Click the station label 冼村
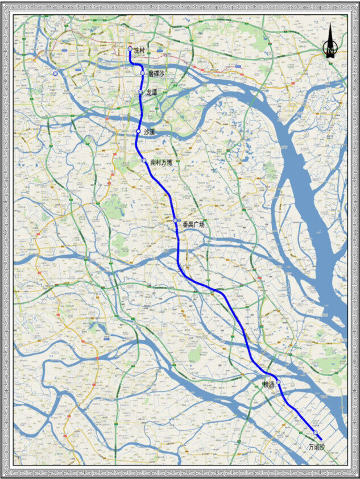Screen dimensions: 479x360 click(x=139, y=51)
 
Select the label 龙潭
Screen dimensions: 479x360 click(x=151, y=91)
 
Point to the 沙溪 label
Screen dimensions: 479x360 click(x=148, y=132)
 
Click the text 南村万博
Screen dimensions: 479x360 click(x=161, y=162)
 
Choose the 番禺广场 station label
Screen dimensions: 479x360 click(x=193, y=224)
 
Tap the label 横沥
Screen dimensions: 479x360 click(x=269, y=385)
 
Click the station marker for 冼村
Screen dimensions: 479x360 click(x=130, y=49)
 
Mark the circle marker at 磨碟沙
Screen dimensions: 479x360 click(x=142, y=73)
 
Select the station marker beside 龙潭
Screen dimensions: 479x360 click(x=140, y=92)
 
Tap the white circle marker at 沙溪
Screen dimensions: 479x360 click(x=138, y=132)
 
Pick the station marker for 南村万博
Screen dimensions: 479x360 click(x=144, y=161)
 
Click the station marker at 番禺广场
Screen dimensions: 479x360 click(x=176, y=220)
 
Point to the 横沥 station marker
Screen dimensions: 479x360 click(x=279, y=382)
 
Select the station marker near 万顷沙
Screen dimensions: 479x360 click(x=315, y=433)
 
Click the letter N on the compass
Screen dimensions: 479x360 click(x=329, y=51)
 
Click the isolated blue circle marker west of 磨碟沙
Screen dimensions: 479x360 click(x=55, y=74)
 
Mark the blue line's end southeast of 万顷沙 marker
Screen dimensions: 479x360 click(x=322, y=439)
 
